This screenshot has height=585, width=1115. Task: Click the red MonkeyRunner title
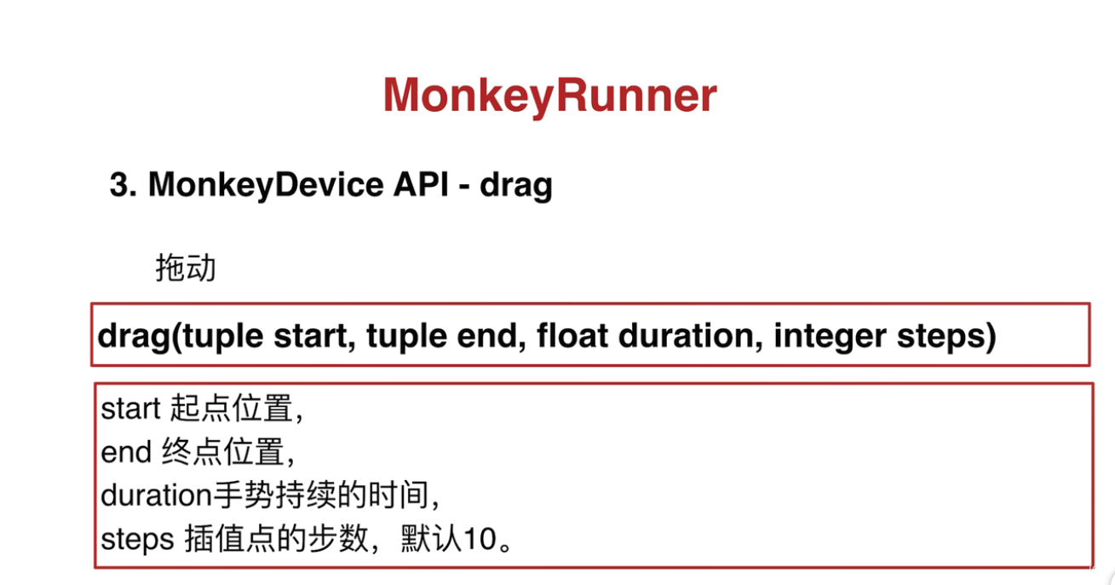click(550, 96)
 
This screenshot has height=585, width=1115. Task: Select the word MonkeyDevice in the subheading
click(266, 185)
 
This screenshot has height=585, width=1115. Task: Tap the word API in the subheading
click(421, 184)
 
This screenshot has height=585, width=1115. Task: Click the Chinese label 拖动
click(186, 268)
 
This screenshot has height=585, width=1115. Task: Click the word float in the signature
click(572, 335)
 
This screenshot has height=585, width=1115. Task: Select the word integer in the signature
click(830, 336)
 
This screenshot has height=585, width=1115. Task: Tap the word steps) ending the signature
click(946, 336)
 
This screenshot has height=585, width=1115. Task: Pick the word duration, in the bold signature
click(691, 335)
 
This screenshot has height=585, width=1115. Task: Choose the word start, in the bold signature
click(314, 336)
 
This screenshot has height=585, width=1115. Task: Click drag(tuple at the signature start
click(181, 337)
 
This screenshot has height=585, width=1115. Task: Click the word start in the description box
click(130, 408)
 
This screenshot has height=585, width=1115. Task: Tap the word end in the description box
click(126, 452)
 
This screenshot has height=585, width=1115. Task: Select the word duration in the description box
click(157, 495)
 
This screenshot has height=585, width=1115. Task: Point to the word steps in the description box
click(137, 540)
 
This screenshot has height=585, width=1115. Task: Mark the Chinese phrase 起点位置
click(232, 408)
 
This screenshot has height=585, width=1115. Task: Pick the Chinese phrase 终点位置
click(223, 452)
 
